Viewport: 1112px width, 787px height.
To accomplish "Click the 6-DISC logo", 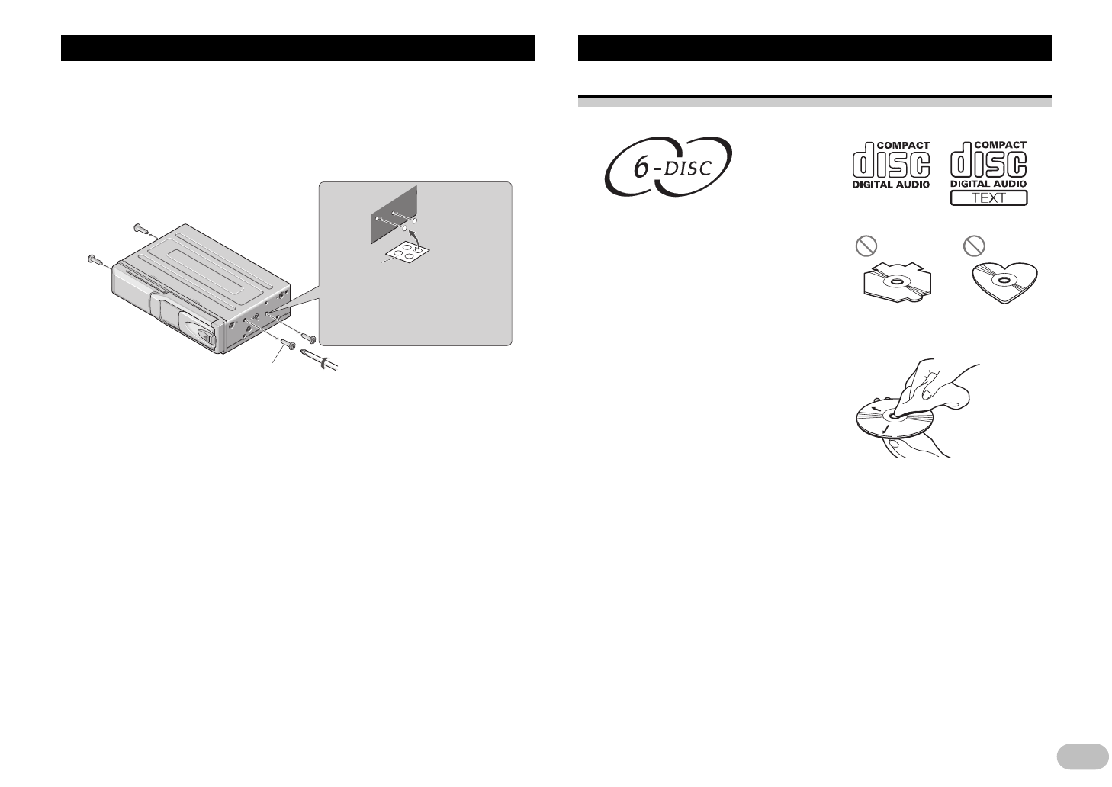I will (x=669, y=165).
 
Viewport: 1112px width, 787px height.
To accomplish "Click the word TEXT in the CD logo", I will (x=988, y=198).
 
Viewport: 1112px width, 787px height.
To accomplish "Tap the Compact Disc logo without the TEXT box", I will (x=891, y=164).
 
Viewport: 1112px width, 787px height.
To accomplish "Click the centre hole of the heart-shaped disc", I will (x=1004, y=283).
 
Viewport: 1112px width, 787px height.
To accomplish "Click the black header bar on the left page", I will (x=297, y=47).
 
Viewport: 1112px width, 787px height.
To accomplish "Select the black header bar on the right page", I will (x=815, y=47).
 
